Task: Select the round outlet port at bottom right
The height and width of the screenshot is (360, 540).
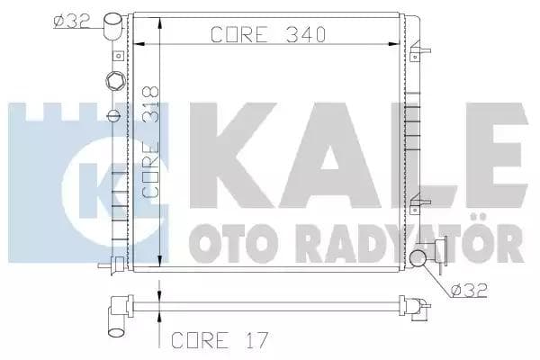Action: point(417,261)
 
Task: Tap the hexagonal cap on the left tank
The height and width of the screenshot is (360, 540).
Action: point(113,84)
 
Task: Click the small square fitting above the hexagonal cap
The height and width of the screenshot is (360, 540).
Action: point(115,56)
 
